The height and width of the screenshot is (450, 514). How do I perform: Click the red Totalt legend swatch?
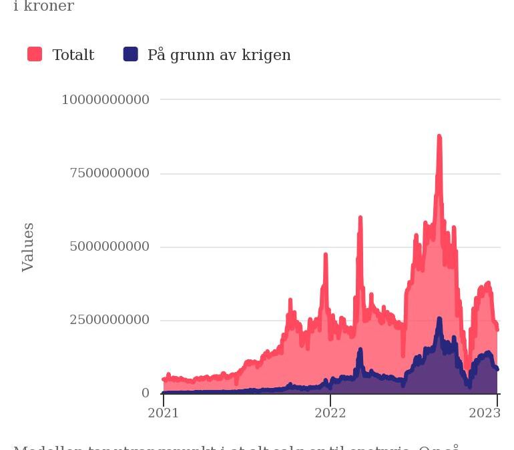click(x=35, y=55)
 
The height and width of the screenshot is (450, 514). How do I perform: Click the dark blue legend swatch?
click(x=131, y=55)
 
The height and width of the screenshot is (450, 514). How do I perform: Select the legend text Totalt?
click(x=73, y=55)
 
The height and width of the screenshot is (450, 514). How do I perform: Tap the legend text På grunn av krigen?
click(x=219, y=55)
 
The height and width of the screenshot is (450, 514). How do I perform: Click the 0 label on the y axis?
click(x=146, y=393)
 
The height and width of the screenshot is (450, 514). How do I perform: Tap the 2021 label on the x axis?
click(x=164, y=413)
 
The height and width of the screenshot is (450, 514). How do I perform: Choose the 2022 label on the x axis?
click(x=330, y=413)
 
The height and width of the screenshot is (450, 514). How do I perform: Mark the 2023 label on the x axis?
click(x=485, y=413)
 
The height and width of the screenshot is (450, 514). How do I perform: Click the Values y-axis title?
click(x=28, y=247)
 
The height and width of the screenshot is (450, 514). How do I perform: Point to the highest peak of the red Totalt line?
click(x=439, y=137)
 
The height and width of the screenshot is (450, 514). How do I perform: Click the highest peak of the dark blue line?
click(x=439, y=319)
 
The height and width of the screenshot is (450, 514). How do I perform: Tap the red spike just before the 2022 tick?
click(x=326, y=255)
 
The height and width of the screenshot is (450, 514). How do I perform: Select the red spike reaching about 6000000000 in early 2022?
click(x=360, y=218)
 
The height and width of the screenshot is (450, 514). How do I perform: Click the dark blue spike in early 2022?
click(x=360, y=350)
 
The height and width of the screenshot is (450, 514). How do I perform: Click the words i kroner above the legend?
click(x=43, y=7)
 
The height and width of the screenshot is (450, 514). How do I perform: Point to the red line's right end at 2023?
click(x=497, y=329)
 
